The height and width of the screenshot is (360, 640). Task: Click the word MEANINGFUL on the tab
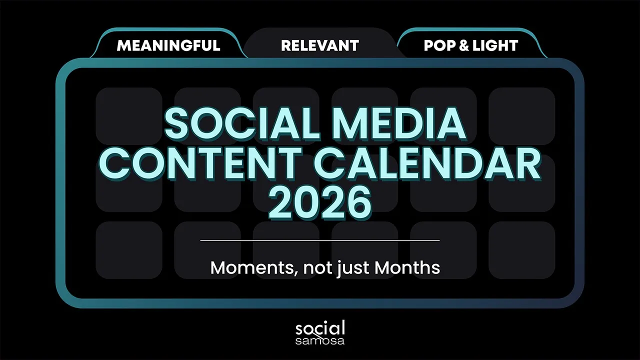click(168, 45)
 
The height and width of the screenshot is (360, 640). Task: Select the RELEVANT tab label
click(320, 45)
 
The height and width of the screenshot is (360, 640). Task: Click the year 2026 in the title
click(320, 203)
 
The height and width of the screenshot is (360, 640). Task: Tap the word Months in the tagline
click(407, 267)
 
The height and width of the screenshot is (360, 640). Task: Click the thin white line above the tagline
click(320, 240)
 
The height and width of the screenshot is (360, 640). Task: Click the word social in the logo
click(320, 328)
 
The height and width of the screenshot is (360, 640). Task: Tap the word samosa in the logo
click(320, 340)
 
